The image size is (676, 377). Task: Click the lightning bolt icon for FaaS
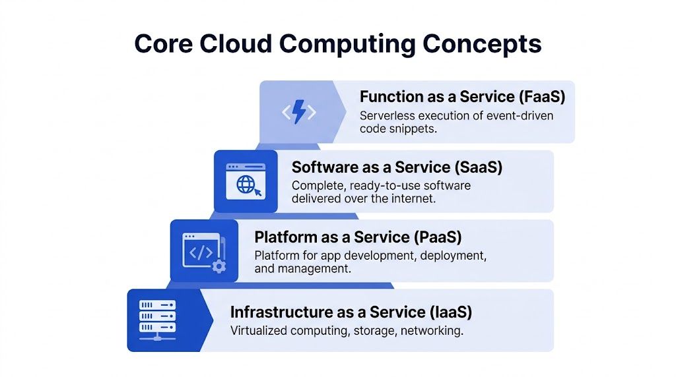click(x=298, y=113)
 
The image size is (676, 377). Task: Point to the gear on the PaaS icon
click(x=219, y=266)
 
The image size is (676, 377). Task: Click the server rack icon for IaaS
click(x=157, y=320)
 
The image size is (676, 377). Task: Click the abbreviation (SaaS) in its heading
click(x=476, y=167)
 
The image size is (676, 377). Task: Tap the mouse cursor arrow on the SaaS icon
click(x=256, y=192)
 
